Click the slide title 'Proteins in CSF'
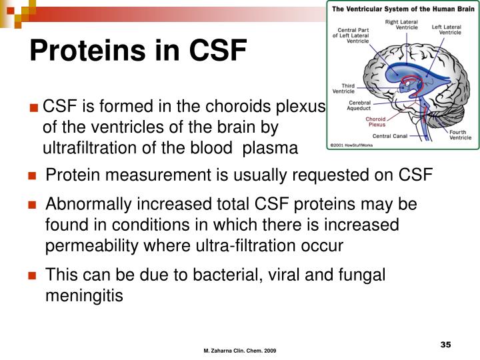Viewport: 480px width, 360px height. [138, 51]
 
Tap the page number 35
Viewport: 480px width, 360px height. [446, 344]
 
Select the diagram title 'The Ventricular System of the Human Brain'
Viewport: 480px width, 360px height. [400, 9]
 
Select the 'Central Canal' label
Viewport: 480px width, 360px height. [391, 135]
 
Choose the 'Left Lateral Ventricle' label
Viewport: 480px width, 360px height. [446, 30]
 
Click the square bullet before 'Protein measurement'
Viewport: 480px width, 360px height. [31, 176]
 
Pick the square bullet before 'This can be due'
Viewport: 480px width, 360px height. [31, 275]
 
